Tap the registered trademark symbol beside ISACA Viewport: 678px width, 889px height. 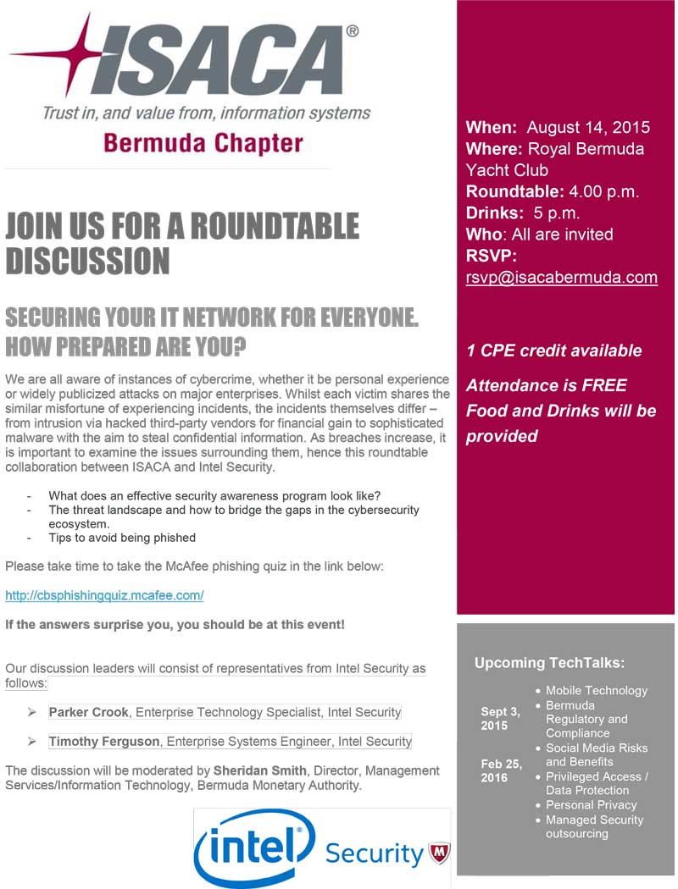[x=351, y=31]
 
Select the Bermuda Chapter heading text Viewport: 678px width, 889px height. [x=203, y=142]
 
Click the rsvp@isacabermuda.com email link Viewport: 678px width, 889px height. [x=561, y=277]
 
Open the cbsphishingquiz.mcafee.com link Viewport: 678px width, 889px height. [x=104, y=595]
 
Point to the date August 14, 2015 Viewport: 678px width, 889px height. [x=588, y=128]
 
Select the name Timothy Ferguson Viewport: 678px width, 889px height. [x=103, y=741]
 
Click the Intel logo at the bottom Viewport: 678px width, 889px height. [x=249, y=847]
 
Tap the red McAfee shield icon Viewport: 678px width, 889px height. [x=439, y=852]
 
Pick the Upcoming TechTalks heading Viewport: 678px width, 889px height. [x=548, y=662]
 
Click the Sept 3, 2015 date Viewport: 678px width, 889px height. [x=500, y=719]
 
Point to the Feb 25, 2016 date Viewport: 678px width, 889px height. [x=501, y=770]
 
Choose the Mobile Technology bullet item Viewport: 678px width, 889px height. [x=596, y=691]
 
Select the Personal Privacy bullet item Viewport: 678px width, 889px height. [x=591, y=805]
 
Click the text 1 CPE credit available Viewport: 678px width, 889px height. [x=553, y=351]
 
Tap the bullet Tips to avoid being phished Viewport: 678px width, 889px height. [x=122, y=538]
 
